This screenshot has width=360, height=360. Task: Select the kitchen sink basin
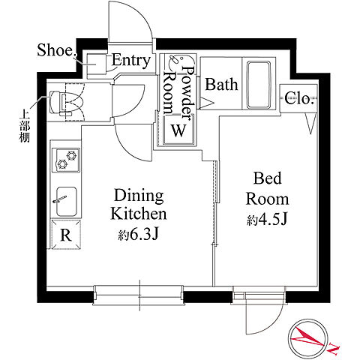pos(66,202)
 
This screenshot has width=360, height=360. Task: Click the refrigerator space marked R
pos(66,235)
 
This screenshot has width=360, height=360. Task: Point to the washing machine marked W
pos(178,130)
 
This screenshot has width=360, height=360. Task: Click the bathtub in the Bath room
pos(259,85)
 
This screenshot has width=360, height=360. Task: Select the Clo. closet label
pos(299,98)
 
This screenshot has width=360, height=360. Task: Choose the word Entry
pos(131,60)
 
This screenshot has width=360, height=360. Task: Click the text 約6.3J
pos(138,235)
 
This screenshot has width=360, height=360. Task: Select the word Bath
pos(221,84)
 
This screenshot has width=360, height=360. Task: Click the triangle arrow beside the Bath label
pos(206,103)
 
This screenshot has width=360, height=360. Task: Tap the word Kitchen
pos(139,214)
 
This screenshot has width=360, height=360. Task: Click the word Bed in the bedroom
pos(268,178)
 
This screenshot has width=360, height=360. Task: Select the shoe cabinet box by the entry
pos(97,64)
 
